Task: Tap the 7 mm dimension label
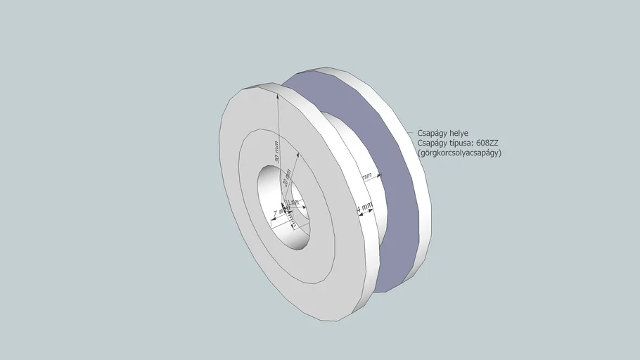click(x=281, y=210)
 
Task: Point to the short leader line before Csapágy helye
click(x=412, y=132)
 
